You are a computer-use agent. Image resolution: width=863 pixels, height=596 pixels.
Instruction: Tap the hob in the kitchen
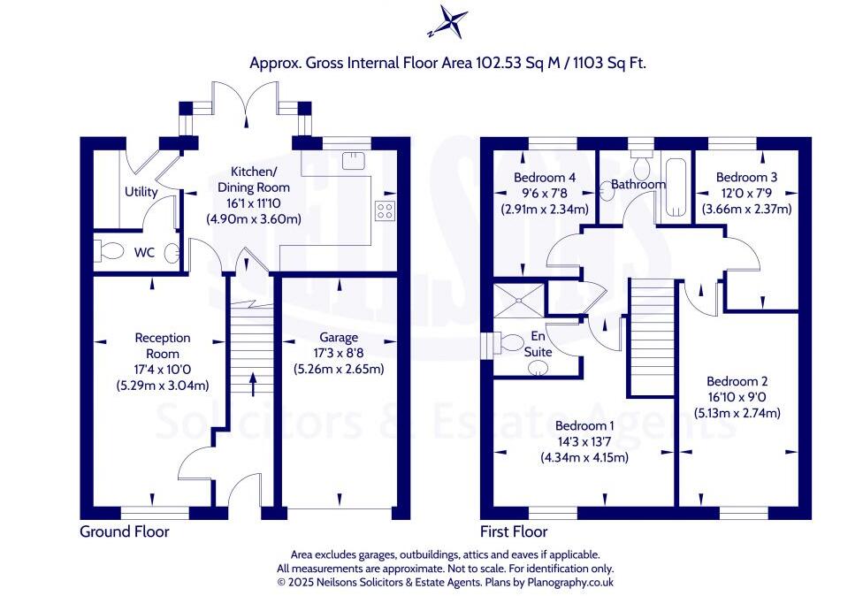click(386, 210)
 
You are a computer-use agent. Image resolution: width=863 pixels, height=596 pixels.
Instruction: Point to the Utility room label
click(141, 192)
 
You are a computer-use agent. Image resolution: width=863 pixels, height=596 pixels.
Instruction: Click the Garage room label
click(339, 337)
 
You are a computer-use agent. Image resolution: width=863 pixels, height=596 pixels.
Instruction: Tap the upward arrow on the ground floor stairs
click(254, 383)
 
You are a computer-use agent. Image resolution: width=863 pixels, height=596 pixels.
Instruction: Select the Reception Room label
click(163, 345)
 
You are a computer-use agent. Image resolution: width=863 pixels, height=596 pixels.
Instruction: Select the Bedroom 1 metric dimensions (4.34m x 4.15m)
click(584, 458)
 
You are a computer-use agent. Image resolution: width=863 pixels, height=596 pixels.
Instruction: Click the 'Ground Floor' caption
click(124, 531)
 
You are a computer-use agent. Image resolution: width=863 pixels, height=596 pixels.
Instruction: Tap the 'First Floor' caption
click(515, 531)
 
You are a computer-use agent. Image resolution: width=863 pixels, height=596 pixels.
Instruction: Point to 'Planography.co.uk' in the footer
click(565, 583)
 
